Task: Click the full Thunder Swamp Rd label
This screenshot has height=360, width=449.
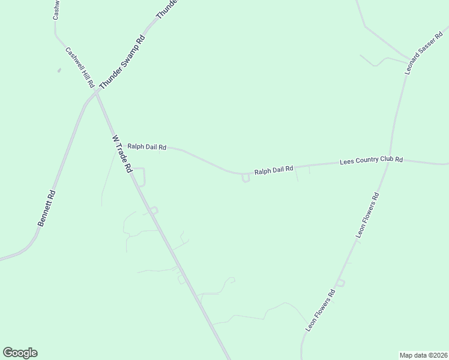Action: (122, 62)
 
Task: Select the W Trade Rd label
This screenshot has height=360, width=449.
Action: (122, 154)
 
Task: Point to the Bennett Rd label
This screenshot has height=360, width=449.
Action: (46, 208)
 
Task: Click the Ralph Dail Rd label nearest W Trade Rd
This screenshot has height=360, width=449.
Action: (146, 146)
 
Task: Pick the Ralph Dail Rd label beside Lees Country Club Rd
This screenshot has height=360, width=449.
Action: (273, 170)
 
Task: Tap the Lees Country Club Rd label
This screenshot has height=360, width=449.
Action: (371, 160)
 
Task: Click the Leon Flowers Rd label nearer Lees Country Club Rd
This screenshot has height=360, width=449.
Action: (367, 215)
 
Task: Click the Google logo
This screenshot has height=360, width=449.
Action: (20, 353)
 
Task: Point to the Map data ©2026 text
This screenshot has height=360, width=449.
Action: (423, 355)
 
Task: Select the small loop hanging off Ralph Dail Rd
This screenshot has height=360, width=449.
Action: (245, 178)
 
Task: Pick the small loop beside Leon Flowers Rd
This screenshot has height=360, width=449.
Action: (340, 283)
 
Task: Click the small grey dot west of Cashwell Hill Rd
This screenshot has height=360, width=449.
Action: (59, 71)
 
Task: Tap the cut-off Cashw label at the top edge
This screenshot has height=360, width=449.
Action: (55, 10)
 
